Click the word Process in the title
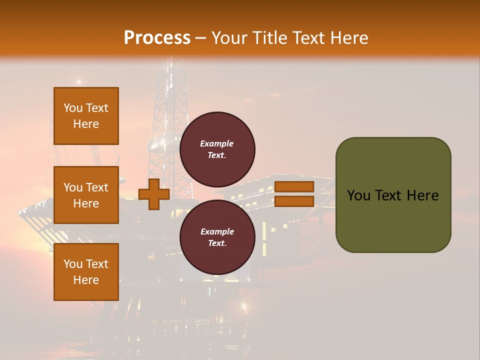pos(157,38)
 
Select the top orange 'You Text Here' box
pos(86,116)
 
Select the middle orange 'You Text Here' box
pos(86,195)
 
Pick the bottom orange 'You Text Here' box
pos(86,272)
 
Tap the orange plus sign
pos(154,194)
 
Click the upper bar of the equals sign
pos(294,186)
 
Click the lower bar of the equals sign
pos(294,201)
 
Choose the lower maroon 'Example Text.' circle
pos(217,237)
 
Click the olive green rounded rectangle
pos(393,220)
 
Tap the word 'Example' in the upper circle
pos(217,143)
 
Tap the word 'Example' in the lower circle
pos(217,231)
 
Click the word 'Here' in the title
pos(349,38)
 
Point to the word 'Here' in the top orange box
pos(86,124)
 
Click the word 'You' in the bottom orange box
pos(73,264)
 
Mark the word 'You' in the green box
pos(358,195)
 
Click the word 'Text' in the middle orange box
pos(96,187)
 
